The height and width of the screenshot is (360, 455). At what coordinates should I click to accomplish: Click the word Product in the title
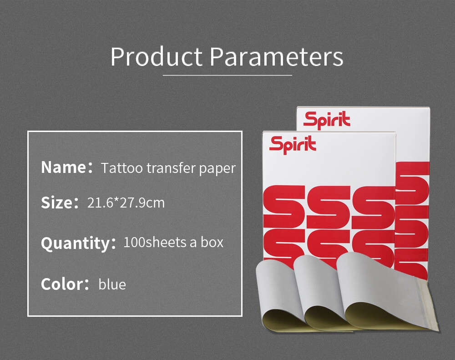[157, 56]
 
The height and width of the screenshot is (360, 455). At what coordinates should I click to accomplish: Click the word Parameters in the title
[277, 56]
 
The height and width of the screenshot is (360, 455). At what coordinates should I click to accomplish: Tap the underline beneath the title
[227, 76]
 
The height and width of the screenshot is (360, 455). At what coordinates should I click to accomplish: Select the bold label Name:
[67, 167]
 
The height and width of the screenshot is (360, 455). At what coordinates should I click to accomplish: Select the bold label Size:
[60, 203]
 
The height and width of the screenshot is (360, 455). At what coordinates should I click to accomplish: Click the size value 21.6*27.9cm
[126, 203]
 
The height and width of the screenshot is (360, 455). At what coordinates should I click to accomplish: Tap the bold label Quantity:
[78, 243]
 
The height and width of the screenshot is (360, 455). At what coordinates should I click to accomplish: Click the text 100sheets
[155, 242]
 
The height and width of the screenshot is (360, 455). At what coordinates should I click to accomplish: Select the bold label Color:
[65, 284]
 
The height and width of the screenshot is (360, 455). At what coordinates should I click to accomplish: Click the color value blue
[112, 284]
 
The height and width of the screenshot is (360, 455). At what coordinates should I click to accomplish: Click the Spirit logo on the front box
[293, 145]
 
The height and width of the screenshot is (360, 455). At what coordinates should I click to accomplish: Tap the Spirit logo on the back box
[327, 120]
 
